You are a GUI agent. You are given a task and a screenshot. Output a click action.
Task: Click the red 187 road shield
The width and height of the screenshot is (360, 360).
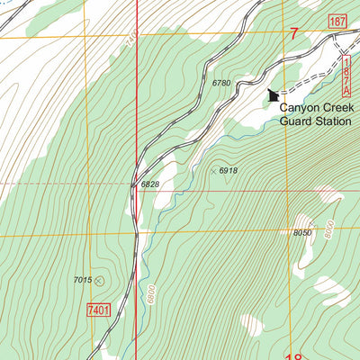pyautogui.click(x=337, y=21)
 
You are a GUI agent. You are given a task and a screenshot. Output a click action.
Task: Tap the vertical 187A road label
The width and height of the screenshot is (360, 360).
pyautogui.click(x=346, y=76)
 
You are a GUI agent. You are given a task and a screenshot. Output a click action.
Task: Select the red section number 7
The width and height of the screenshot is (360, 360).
pyautogui.click(x=293, y=34)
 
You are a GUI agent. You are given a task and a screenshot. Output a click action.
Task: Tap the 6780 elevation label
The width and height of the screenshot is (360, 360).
pyautogui.click(x=221, y=83)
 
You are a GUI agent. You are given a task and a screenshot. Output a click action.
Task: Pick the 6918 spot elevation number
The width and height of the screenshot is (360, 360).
pyautogui.click(x=228, y=170)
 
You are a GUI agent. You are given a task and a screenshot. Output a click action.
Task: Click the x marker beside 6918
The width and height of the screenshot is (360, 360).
pyautogui.click(x=213, y=170)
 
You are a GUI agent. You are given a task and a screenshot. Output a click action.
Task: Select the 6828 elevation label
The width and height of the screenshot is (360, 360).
pyautogui.click(x=149, y=184)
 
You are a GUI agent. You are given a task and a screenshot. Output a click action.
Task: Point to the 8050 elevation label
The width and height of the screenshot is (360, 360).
pyautogui.click(x=301, y=233)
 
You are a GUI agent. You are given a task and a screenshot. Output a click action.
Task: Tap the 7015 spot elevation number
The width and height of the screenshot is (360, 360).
pyautogui.click(x=83, y=280)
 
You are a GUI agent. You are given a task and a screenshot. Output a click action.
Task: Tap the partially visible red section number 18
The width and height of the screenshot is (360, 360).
pyautogui.click(x=293, y=356)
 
